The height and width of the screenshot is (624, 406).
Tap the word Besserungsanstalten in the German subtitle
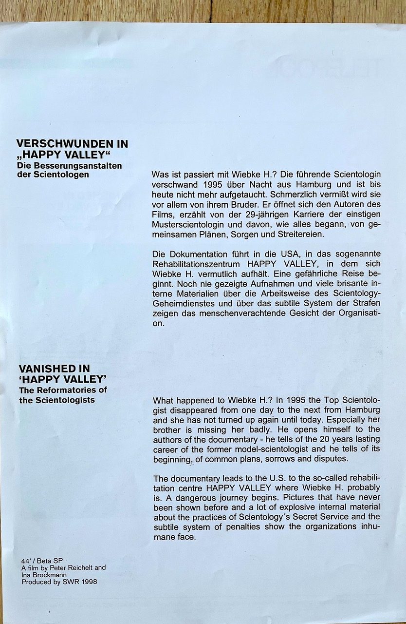point(80,166)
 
